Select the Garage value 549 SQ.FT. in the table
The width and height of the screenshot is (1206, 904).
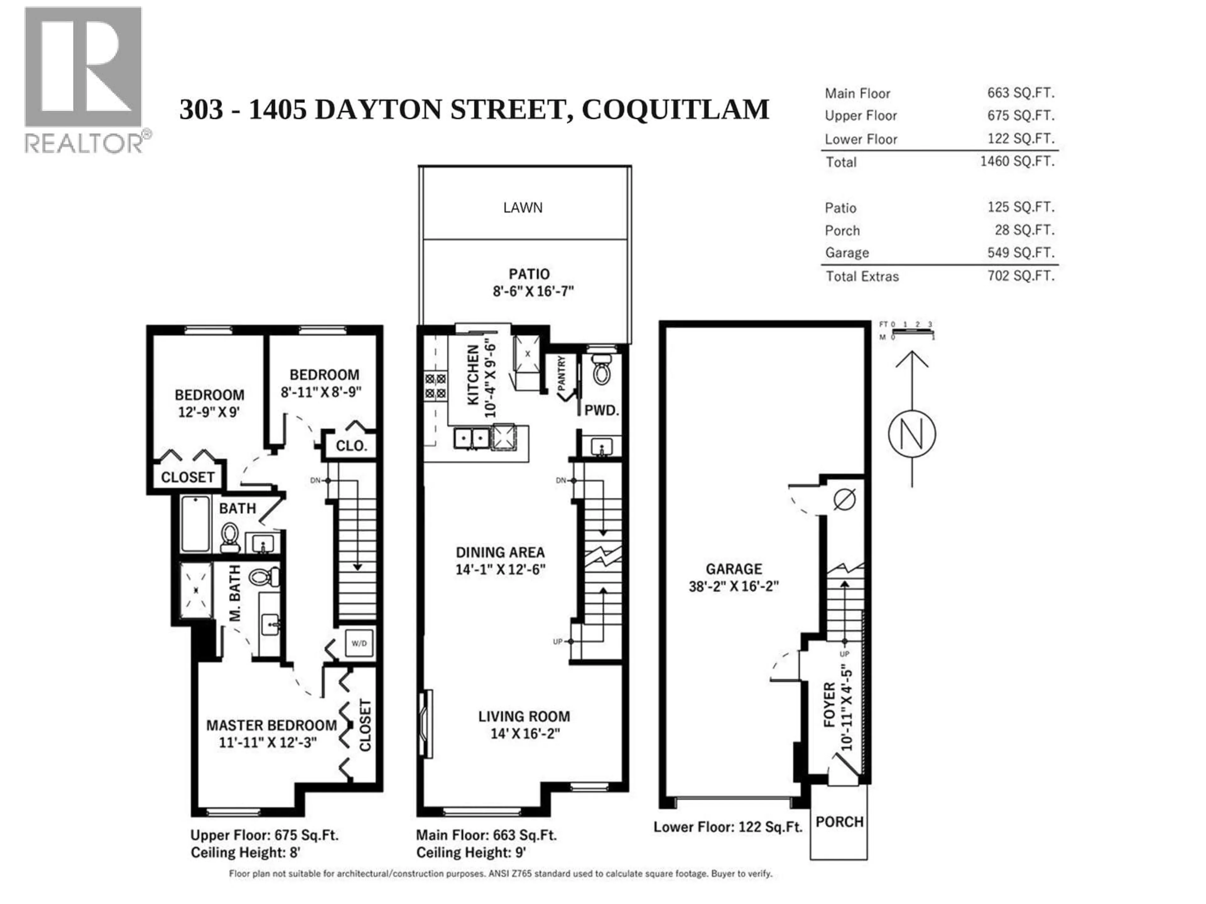(1021, 253)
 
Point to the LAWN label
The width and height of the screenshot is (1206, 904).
(522, 207)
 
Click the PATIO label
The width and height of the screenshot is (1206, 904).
(529, 274)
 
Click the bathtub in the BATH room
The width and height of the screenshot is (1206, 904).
(195, 524)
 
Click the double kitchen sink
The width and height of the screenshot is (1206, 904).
(472, 438)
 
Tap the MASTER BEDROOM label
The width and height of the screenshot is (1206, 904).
(271, 725)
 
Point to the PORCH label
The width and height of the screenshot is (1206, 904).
(839, 822)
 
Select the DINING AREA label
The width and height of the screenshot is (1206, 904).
(500, 552)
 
